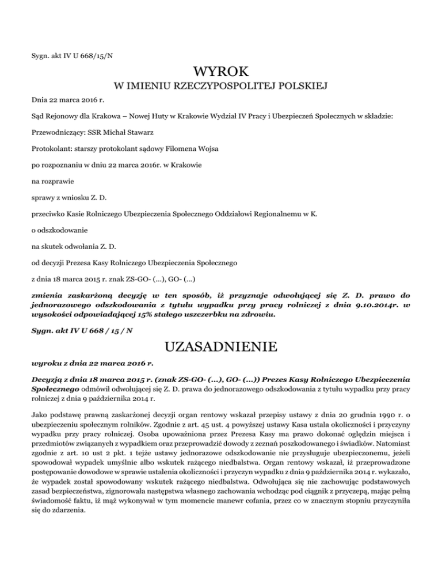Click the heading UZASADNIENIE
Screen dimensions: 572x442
coord(221,348)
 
